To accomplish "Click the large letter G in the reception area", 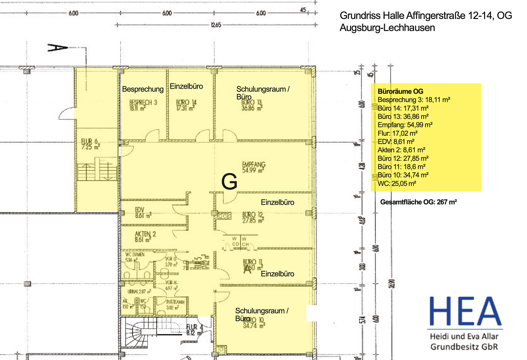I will [x=229, y=182].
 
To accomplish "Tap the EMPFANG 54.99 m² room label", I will [x=254, y=167].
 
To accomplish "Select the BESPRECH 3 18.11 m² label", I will [x=143, y=105].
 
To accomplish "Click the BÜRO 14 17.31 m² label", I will [x=186, y=105].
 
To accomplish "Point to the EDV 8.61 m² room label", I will [x=143, y=213].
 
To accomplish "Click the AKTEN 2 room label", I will [x=145, y=237].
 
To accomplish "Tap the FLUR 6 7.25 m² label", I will [x=90, y=144].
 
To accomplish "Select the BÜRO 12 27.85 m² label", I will [x=253, y=217].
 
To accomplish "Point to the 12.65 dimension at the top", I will [x=216, y=25].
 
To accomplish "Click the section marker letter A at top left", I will [x=57, y=48].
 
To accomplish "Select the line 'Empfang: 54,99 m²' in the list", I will [x=405, y=125].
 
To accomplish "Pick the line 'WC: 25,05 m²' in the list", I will [x=397, y=184].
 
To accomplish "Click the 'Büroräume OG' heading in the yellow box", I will [x=400, y=91].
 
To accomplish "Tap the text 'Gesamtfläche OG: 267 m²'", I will [x=418, y=202].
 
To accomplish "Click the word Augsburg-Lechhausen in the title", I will [x=387, y=28].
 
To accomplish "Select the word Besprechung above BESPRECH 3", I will [x=143, y=89].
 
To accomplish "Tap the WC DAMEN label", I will [x=135, y=254].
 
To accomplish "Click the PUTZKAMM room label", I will [x=175, y=302].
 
